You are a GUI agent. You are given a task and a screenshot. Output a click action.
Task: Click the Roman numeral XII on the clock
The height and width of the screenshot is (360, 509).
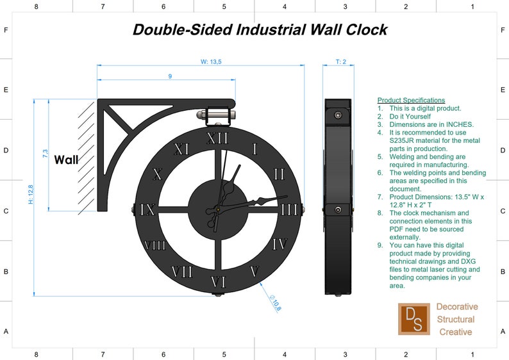pyautogui.click(x=219, y=138)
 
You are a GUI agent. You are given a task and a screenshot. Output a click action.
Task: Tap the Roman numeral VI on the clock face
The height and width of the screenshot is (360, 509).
pyautogui.click(x=219, y=281)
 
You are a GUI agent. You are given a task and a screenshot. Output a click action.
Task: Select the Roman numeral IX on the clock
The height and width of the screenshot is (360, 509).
pyautogui.click(x=148, y=209)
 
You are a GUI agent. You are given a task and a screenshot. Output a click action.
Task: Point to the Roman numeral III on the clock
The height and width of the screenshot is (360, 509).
pyautogui.click(x=290, y=209)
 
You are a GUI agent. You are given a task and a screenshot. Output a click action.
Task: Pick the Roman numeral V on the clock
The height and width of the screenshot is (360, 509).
pyautogui.click(x=254, y=271)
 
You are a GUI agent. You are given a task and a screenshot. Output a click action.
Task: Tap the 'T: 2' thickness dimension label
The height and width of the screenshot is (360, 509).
pyautogui.click(x=341, y=61)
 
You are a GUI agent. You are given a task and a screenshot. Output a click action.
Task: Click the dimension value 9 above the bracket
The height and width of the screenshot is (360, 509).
pyautogui.click(x=170, y=76)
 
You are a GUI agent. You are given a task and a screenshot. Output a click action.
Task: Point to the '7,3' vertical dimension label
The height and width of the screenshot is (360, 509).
pyautogui.click(x=45, y=154)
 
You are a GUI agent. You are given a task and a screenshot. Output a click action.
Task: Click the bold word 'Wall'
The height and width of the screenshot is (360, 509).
pyautogui.click(x=66, y=160)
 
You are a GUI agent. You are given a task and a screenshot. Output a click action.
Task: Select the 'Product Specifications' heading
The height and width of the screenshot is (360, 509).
pyautogui.click(x=411, y=100)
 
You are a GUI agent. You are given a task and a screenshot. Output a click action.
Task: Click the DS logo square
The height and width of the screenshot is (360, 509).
pyautogui.click(x=413, y=318)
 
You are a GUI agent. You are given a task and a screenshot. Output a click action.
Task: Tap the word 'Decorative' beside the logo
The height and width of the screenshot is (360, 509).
pyautogui.click(x=457, y=307)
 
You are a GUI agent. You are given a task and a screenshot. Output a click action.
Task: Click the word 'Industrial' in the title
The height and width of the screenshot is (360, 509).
pyautogui.click(x=269, y=29)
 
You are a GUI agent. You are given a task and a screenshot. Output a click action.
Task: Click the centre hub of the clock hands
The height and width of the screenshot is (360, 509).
pyautogui.click(x=219, y=209)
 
